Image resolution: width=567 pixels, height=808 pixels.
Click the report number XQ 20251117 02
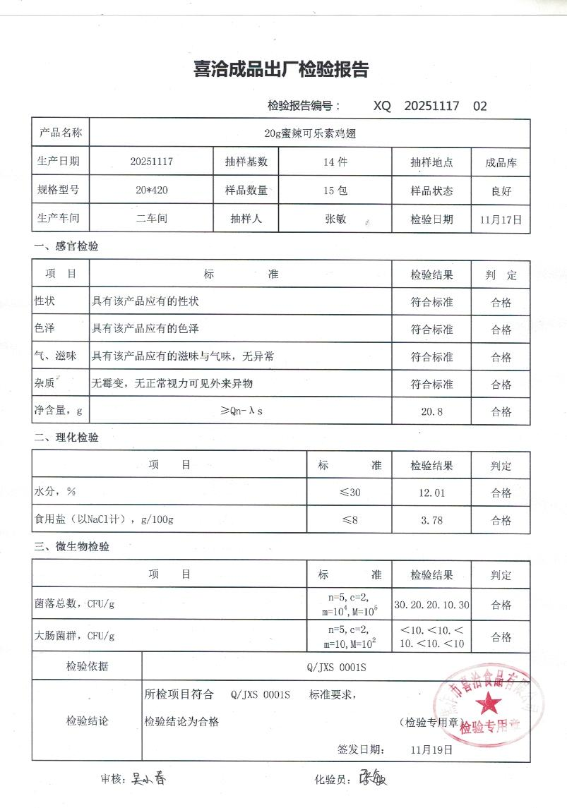tap(429, 107)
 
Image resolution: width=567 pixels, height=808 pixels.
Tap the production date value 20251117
tap(151, 162)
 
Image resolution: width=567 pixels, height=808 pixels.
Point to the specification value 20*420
tap(151, 191)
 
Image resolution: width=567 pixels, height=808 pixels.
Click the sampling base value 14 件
tap(335, 162)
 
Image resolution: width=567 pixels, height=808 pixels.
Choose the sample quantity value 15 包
tap(335, 191)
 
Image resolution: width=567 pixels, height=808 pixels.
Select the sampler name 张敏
tap(335, 219)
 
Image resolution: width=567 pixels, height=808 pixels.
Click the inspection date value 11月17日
tap(501, 219)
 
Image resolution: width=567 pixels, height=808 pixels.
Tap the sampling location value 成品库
tap(501, 162)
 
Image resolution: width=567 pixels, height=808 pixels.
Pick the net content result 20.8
tap(431, 411)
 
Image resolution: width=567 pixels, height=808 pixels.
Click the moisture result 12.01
tap(431, 492)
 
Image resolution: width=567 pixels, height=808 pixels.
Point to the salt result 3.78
tap(431, 520)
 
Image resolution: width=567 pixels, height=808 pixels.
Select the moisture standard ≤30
tap(350, 492)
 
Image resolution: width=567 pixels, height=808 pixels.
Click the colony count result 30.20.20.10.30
tap(431, 605)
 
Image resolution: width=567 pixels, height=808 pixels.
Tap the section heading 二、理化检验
tap(66, 438)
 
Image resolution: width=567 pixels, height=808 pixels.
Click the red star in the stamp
tap(488, 702)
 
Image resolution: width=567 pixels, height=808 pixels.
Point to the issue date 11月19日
tap(431, 749)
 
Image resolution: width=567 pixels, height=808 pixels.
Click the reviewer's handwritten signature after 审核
tap(148, 780)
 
